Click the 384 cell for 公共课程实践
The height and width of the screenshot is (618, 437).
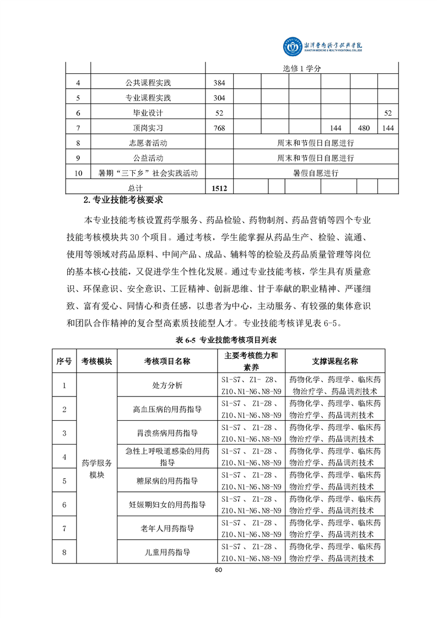tap(219, 83)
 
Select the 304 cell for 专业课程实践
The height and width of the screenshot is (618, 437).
tap(219, 98)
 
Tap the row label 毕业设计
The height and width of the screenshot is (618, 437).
tap(148, 113)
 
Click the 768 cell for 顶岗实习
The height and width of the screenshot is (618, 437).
tap(219, 128)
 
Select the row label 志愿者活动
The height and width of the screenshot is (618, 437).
tap(148, 143)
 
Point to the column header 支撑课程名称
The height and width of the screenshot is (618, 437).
tap(335, 361)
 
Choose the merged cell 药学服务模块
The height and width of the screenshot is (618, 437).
tap(96, 469)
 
